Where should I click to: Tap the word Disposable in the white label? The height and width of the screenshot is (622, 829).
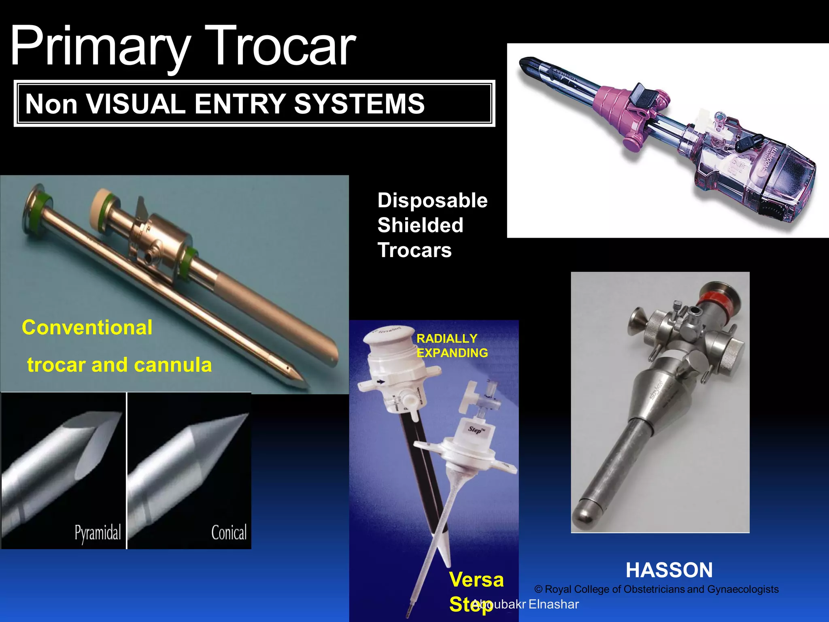tap(432, 200)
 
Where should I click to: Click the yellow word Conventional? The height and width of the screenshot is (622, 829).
tap(87, 327)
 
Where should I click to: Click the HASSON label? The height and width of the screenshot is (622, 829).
tap(669, 570)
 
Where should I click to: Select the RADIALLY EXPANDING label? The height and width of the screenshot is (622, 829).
tap(452, 345)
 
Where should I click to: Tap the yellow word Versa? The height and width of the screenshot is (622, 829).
tap(476, 579)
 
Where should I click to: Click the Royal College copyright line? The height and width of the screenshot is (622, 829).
tap(657, 589)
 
